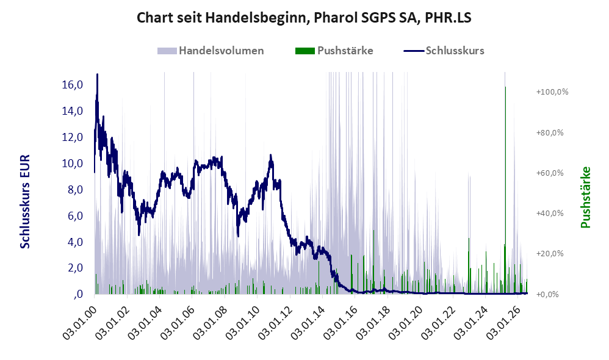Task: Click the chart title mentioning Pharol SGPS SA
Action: coord(304,18)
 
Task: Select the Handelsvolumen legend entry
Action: coord(211,51)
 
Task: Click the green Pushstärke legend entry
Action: coord(334,51)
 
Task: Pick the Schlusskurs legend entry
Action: coord(444,51)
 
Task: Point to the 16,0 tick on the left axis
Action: coord(73,85)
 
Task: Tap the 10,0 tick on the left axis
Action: coord(73,164)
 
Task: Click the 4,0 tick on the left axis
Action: coord(75,242)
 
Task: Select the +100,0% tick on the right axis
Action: coord(552,92)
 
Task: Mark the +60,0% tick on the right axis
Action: coord(550,173)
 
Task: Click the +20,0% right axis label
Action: coord(550,254)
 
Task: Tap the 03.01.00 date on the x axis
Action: coord(79,322)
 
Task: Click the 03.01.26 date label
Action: coord(503,322)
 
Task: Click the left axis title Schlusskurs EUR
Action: coord(25,201)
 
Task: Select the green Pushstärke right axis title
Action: coord(585,197)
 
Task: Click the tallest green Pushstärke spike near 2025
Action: coord(505,190)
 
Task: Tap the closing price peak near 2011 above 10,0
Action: coord(271,156)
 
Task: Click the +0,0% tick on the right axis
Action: coord(547,294)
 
